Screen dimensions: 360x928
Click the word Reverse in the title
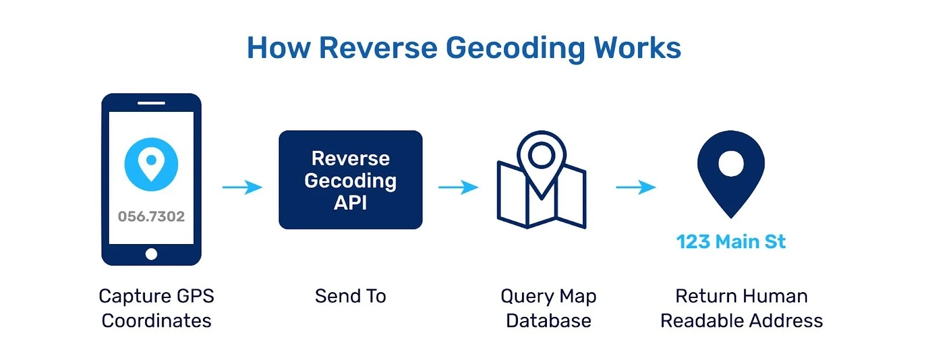[x=378, y=48]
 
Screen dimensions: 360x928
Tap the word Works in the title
[x=637, y=48]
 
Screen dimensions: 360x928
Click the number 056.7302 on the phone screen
[x=151, y=216]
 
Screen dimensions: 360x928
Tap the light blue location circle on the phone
[x=151, y=164]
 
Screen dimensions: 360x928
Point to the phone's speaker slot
[x=151, y=103]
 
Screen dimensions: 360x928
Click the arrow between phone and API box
[x=242, y=187]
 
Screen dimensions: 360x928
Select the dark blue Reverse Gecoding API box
[x=350, y=180]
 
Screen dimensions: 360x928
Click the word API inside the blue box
[x=350, y=203]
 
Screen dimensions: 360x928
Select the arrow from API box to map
[x=458, y=187]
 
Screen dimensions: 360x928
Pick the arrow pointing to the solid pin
[x=636, y=187]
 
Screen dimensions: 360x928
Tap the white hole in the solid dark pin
[x=731, y=163]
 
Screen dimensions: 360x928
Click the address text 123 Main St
[x=731, y=241]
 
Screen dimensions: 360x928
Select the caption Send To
[x=350, y=296]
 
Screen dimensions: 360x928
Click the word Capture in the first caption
[x=133, y=296]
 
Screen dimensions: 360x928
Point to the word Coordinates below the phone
[x=157, y=321]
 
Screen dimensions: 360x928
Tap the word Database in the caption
[x=548, y=321]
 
